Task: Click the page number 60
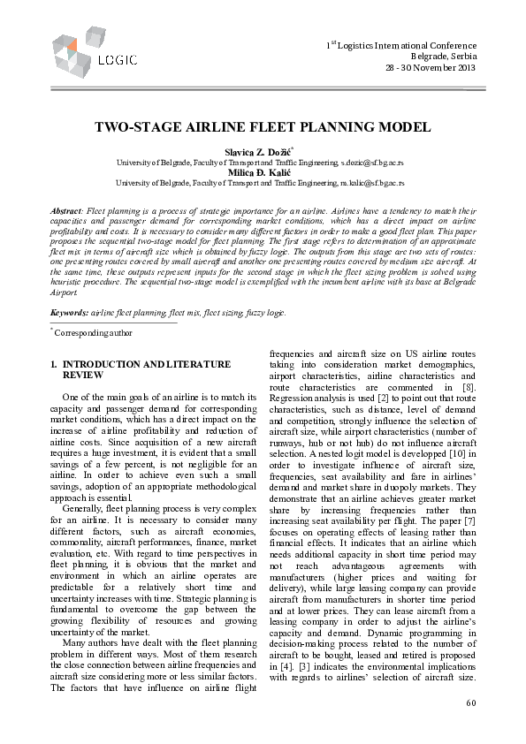(x=470, y=702)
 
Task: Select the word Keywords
(x=69, y=314)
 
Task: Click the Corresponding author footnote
(x=93, y=333)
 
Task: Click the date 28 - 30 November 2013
(x=430, y=68)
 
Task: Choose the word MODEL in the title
(x=405, y=127)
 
